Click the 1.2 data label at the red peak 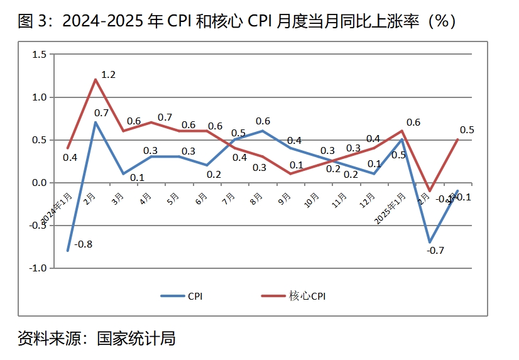(109, 75)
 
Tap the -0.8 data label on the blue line (84, 244)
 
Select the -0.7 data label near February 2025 (435, 251)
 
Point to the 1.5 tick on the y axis (39, 55)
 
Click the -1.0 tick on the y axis (38, 268)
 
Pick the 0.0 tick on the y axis (39, 183)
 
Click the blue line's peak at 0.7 (95, 123)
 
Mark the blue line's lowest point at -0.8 (67, 251)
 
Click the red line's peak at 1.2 (95, 80)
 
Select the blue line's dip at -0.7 (430, 243)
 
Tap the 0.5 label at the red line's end (467, 130)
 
